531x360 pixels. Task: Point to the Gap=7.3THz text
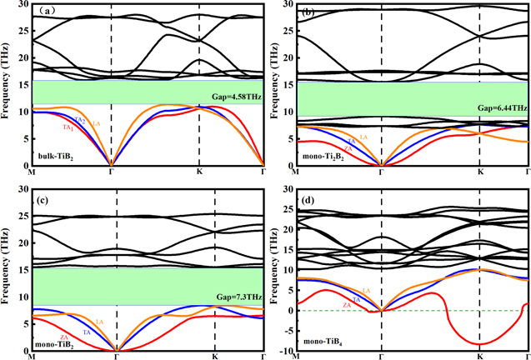[238, 297]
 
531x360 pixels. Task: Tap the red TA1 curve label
[67, 127]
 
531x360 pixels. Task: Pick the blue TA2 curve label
[80, 121]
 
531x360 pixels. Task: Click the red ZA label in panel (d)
[346, 307]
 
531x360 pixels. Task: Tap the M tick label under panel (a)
[32, 172]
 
